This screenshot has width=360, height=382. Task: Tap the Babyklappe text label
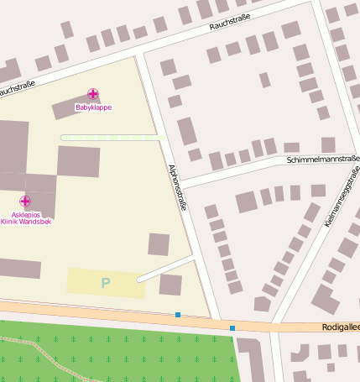93,107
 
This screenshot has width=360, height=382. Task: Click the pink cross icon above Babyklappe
93,95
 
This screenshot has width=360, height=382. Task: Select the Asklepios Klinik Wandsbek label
25,217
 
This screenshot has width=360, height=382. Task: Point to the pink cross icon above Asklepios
25,201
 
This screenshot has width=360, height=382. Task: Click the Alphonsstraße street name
177,186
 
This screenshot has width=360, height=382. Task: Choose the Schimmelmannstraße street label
322,158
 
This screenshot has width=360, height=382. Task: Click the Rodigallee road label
340,327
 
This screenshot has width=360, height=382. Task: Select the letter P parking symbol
106,283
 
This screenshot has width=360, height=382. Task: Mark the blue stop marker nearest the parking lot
178,315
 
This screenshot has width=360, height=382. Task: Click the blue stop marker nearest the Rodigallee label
232,327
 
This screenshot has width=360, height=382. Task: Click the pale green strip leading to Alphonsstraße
109,137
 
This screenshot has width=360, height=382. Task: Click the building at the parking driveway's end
170,285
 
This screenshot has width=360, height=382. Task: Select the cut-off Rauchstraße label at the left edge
17,88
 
